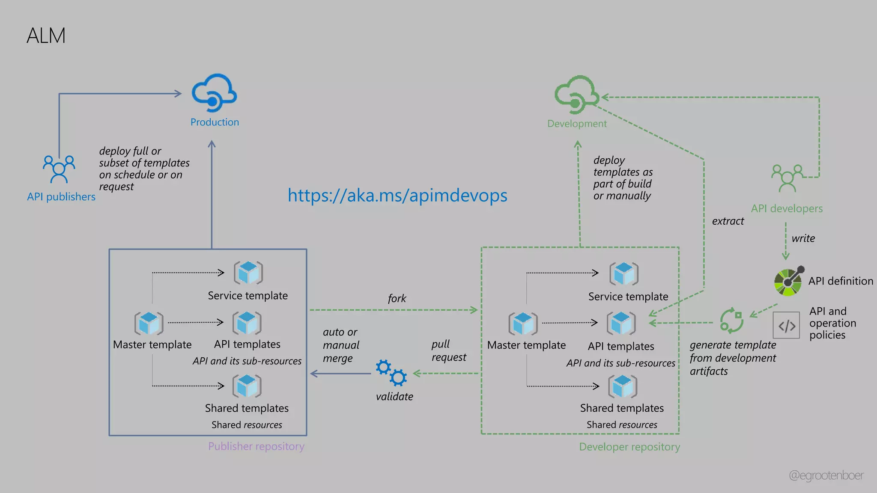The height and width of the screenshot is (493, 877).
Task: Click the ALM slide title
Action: [x=46, y=36]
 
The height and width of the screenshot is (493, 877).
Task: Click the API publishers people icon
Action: [x=59, y=169]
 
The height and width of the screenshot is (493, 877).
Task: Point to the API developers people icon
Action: [x=787, y=178]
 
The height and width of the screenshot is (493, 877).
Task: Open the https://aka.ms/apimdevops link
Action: [x=397, y=195]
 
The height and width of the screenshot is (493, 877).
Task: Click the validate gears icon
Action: [x=391, y=373]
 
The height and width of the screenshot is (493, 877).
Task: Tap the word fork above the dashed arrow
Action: [x=397, y=298]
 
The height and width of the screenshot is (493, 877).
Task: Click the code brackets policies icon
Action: [x=786, y=325]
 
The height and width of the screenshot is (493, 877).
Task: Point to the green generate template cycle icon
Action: [x=731, y=321]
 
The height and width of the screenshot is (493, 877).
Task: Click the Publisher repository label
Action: [x=256, y=446]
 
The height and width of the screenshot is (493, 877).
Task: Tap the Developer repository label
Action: [x=629, y=447]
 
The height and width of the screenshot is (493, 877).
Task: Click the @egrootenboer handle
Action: [x=826, y=475]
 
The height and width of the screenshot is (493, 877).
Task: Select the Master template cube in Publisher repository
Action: [x=149, y=324]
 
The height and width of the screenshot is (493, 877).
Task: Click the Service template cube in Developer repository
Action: [x=623, y=274]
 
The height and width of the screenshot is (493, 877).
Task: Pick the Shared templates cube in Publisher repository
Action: [x=247, y=386]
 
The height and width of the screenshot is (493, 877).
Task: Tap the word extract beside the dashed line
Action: [x=728, y=221]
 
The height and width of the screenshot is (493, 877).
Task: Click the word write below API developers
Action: [x=803, y=238]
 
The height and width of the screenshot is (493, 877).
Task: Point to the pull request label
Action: [x=448, y=350]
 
